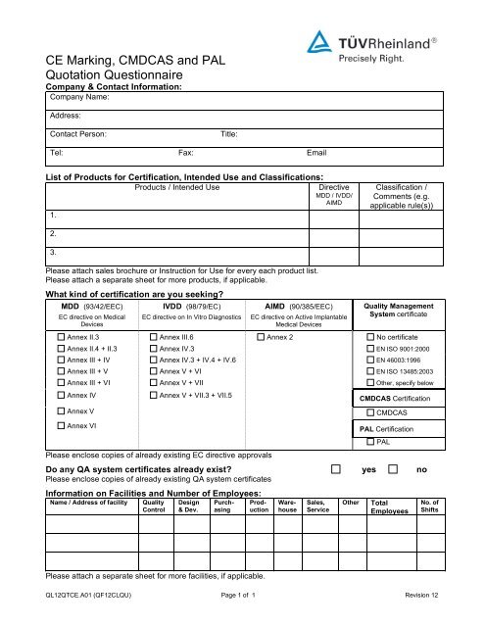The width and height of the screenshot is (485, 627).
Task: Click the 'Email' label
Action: point(316,154)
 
